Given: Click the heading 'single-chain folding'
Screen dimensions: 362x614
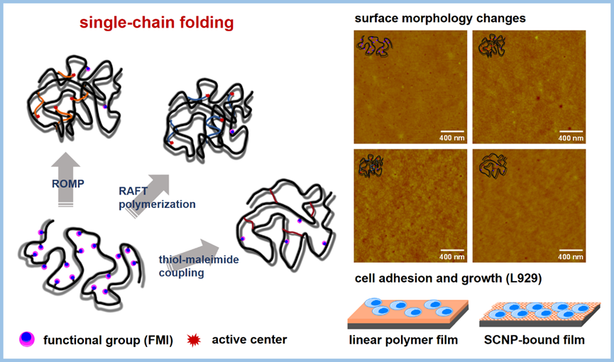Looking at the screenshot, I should (156, 23).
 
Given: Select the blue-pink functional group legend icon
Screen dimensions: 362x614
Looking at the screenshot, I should (26, 339).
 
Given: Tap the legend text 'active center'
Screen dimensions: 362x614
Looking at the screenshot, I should (249, 339).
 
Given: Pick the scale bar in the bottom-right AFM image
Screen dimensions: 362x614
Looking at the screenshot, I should (571, 250).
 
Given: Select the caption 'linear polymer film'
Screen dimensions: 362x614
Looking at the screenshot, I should (403, 340).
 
